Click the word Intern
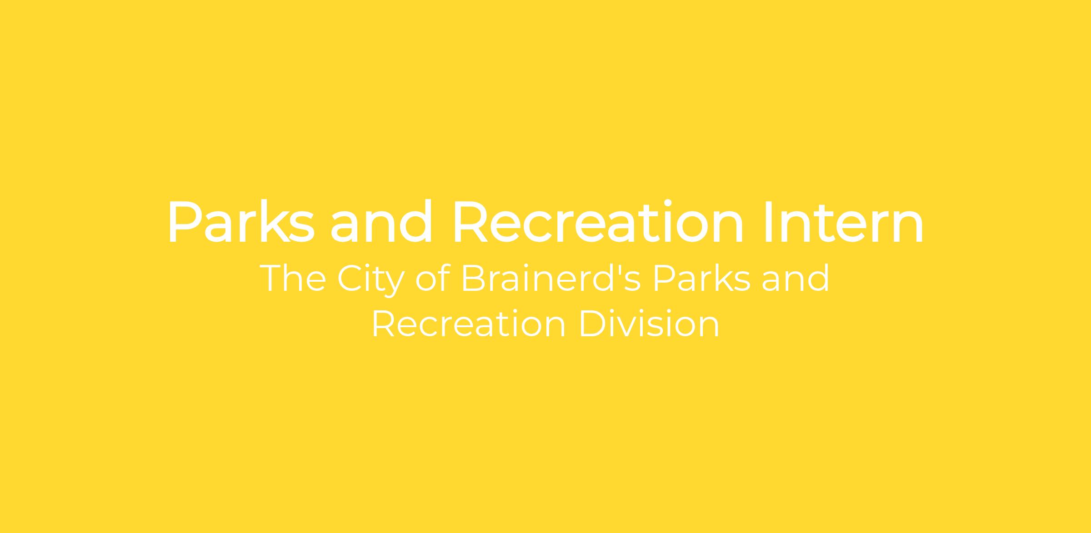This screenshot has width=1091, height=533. coord(844,222)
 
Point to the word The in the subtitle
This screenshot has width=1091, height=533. coord(293,278)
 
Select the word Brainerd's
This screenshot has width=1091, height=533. coord(551,278)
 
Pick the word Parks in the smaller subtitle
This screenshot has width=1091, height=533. coord(702,278)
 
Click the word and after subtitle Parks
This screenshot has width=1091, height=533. coord(796,278)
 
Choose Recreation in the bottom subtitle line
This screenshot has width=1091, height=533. coord(469,324)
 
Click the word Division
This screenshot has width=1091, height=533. coord(650,324)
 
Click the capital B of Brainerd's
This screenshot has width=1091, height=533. coord(474,278)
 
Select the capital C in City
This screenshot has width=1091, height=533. coord(350,278)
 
